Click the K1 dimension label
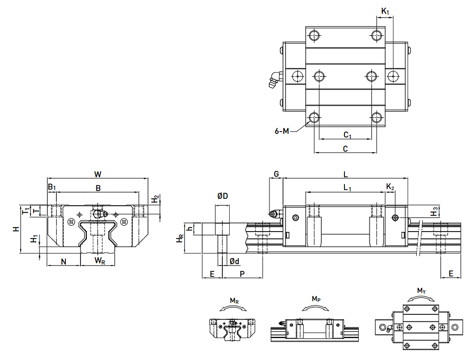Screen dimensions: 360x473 pyautogui.click(x=385, y=12)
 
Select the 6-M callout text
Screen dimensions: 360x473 pyautogui.click(x=282, y=131)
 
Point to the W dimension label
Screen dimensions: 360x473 pyautogui.click(x=98, y=174)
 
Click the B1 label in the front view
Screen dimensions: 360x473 pyautogui.click(x=52, y=187)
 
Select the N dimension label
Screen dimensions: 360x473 pyautogui.click(x=63, y=261)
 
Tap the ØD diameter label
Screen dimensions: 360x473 pyautogui.click(x=222, y=196)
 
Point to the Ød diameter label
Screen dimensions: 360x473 pyautogui.click(x=234, y=261)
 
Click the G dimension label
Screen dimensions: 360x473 pyautogui.click(x=276, y=174)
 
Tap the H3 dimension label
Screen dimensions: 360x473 pyautogui.click(x=435, y=211)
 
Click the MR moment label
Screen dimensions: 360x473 pyautogui.click(x=234, y=301)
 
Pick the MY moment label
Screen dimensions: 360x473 pyautogui.click(x=421, y=291)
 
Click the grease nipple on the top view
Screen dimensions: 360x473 pyautogui.click(x=273, y=80)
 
